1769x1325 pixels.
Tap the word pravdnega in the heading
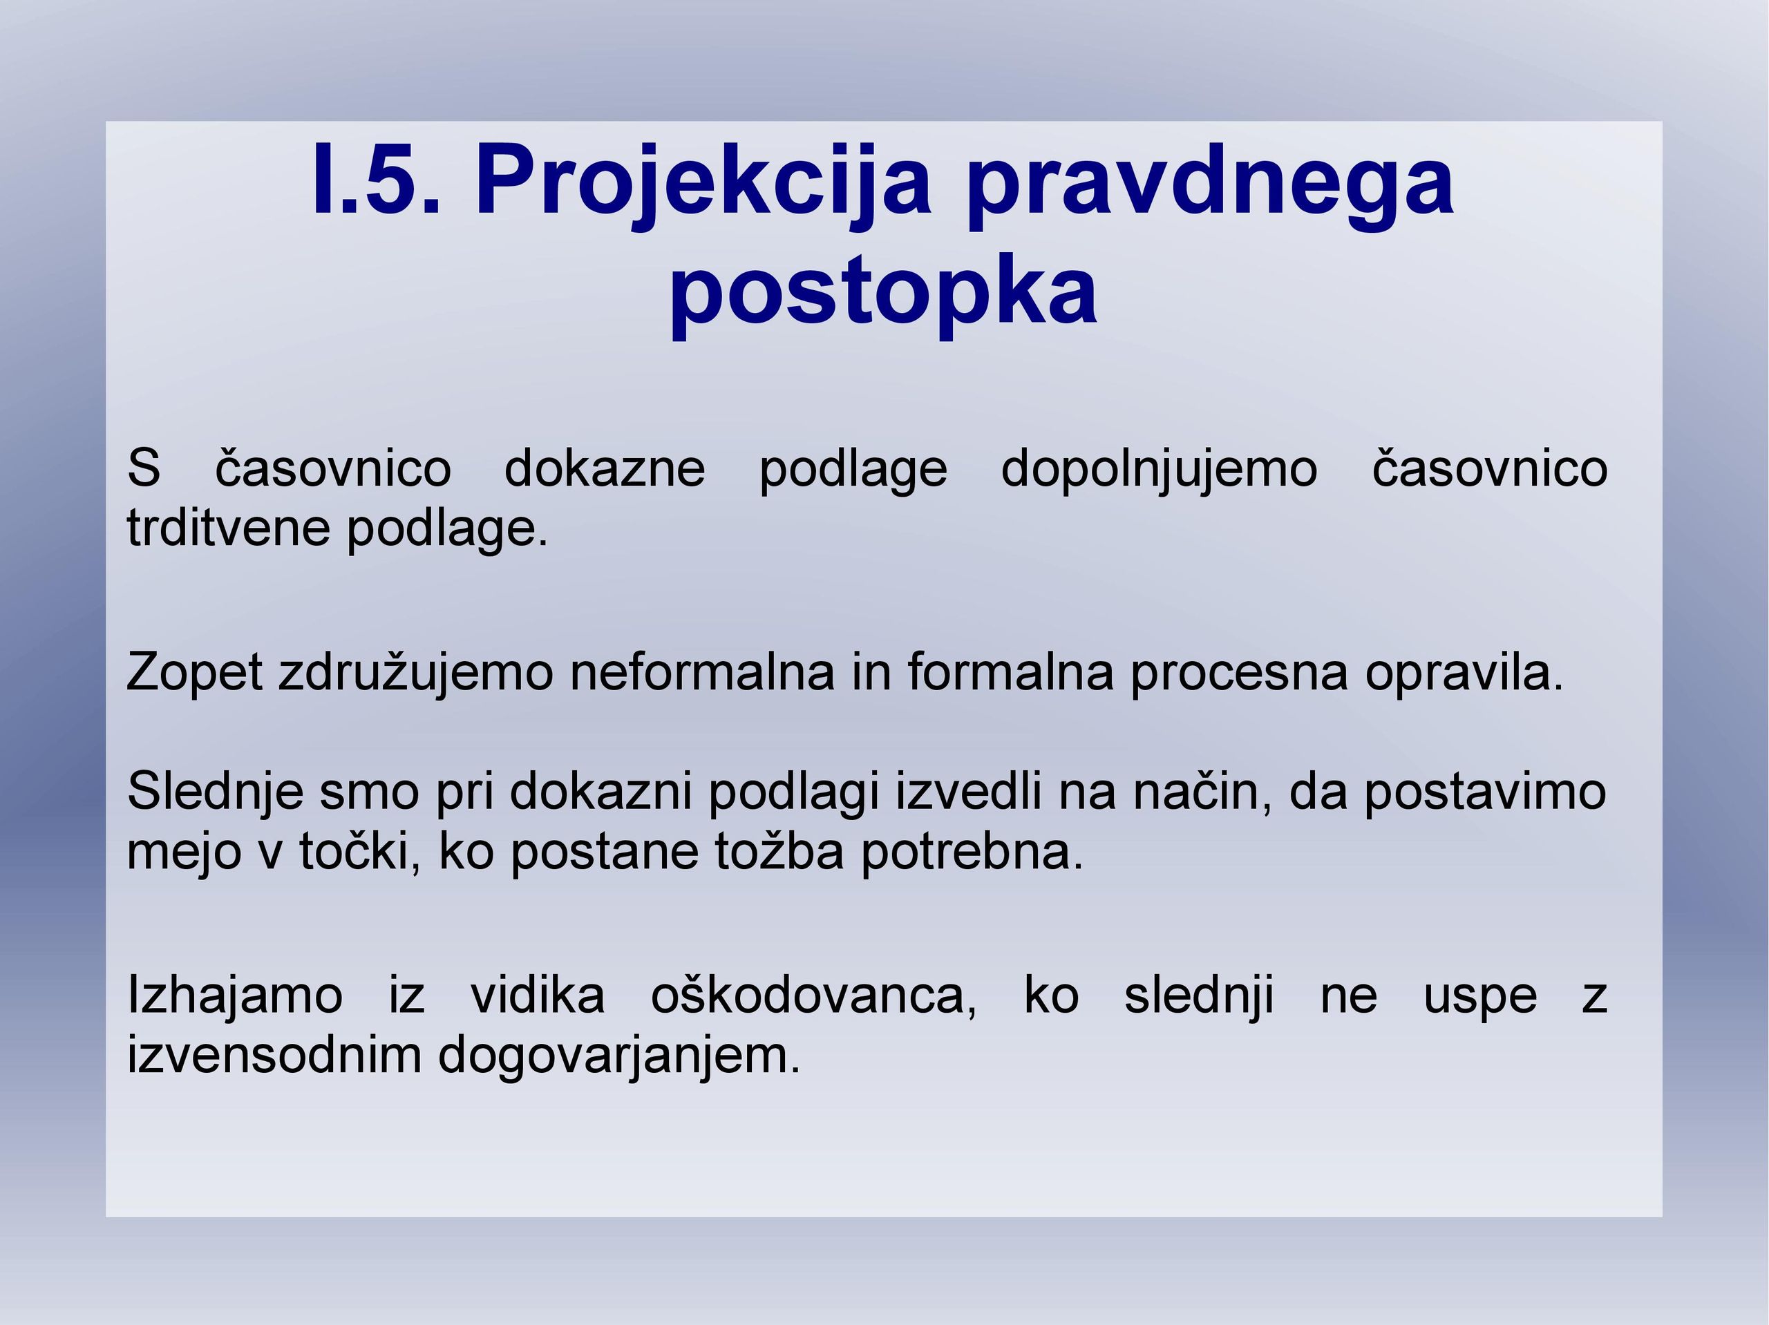tap(1210, 187)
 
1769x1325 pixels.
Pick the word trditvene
tap(229, 528)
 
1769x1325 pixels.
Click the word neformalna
tap(702, 671)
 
